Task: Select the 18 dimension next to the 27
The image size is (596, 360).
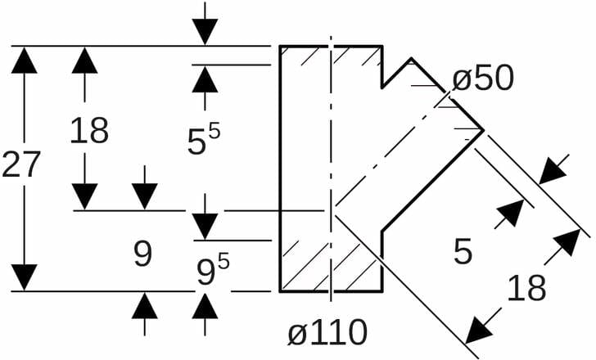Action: pyautogui.click(x=88, y=131)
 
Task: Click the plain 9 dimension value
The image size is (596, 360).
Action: pyautogui.click(x=143, y=256)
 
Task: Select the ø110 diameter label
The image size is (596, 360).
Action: pyautogui.click(x=327, y=332)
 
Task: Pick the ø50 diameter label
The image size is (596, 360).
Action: pyautogui.click(x=482, y=79)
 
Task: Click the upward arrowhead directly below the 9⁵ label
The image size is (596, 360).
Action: pyautogui.click(x=205, y=305)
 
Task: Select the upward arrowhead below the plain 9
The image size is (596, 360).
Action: pyautogui.click(x=145, y=305)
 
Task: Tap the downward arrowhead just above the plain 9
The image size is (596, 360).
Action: pyautogui.click(x=145, y=196)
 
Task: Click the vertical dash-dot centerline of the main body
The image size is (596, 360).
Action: pyautogui.click(x=331, y=164)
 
